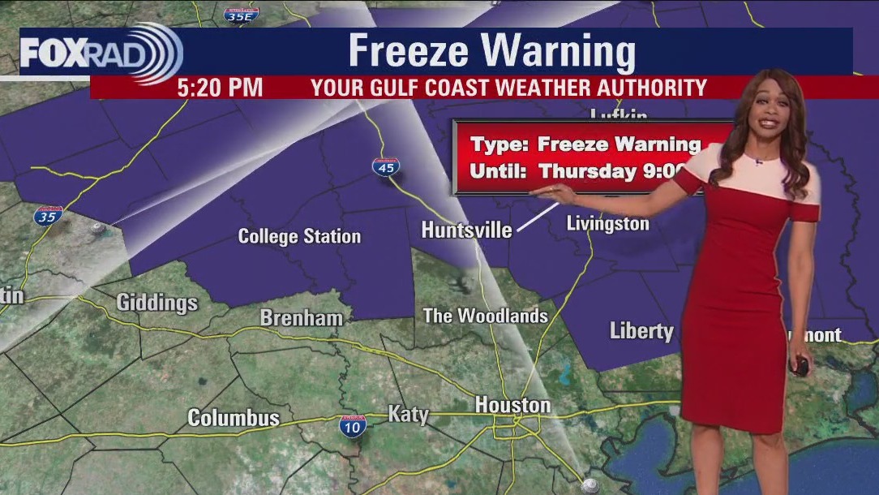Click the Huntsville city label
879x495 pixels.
point(466,230)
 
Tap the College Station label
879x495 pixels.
point(299,237)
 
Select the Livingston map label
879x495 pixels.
point(607,224)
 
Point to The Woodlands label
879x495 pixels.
point(485,316)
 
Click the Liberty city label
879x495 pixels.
point(641,331)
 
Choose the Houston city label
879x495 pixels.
point(512,405)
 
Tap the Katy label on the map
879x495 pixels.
point(408,415)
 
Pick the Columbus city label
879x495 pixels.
point(234,419)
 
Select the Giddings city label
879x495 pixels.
point(157,303)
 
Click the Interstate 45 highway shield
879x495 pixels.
point(384,167)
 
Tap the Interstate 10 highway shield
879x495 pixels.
point(353,425)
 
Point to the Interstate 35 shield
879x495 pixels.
point(49,216)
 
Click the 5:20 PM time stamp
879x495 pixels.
point(220,88)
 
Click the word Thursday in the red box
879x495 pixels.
point(587,171)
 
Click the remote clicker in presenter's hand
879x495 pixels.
point(801,365)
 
